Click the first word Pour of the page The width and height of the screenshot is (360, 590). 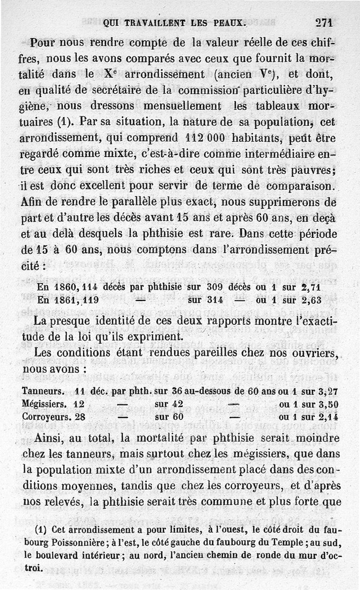pyautogui.click(x=42, y=44)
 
